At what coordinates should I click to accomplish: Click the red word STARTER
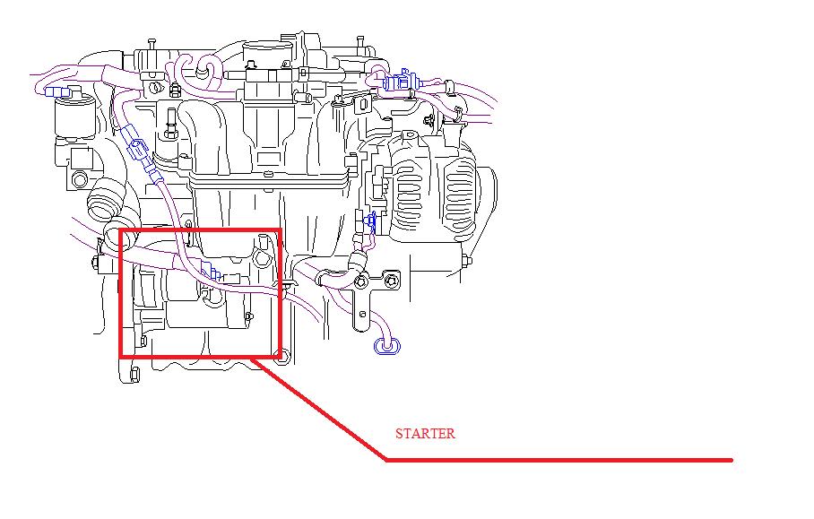pyautogui.click(x=425, y=433)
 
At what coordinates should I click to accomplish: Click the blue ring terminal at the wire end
pyautogui.click(x=387, y=346)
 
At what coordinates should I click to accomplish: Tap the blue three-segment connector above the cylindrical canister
pyautogui.click(x=57, y=91)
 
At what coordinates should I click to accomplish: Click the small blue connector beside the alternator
pyautogui.click(x=370, y=221)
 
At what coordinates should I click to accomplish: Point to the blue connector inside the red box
pyautogui.click(x=212, y=271)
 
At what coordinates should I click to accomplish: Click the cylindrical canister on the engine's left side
pyautogui.click(x=74, y=119)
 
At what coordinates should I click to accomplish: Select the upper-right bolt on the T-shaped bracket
pyautogui.click(x=392, y=281)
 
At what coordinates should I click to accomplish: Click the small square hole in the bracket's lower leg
pyautogui.click(x=362, y=314)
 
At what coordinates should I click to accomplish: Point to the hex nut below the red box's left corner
pyautogui.click(x=134, y=374)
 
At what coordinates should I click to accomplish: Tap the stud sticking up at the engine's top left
pyautogui.click(x=152, y=45)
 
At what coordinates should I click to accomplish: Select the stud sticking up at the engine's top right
pyautogui.click(x=360, y=42)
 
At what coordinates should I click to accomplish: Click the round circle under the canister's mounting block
pyautogui.click(x=80, y=179)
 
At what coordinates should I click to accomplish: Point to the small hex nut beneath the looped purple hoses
pyautogui.click(x=175, y=89)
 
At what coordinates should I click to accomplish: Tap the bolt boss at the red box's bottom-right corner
pyautogui.click(x=281, y=357)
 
